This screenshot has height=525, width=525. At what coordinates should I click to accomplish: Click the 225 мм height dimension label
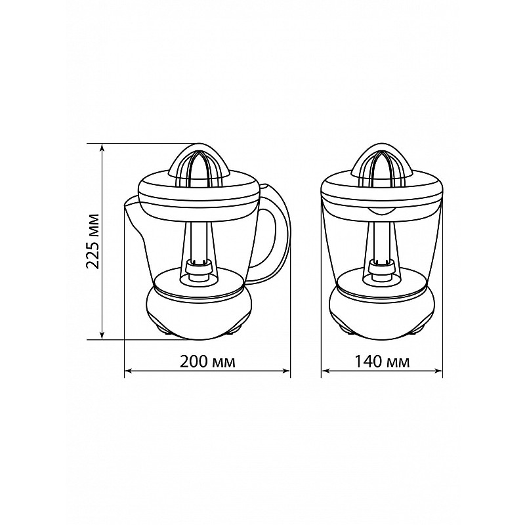(92, 240)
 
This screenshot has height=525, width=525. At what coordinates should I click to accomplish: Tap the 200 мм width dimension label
(207, 362)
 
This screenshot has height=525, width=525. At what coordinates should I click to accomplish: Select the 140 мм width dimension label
(382, 362)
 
